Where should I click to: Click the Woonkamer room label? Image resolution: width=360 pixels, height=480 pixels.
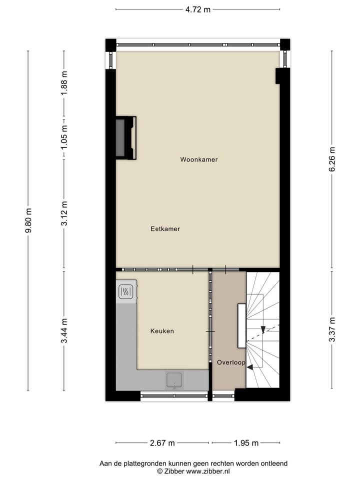click(199, 160)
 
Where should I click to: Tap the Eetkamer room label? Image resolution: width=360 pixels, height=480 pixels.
click(165, 229)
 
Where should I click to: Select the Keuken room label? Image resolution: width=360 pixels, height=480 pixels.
click(162, 331)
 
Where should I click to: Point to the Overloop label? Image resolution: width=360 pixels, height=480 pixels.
click(231, 362)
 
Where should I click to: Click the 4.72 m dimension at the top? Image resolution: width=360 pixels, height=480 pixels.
click(197, 9)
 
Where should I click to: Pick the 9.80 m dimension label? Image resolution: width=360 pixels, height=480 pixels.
click(28, 220)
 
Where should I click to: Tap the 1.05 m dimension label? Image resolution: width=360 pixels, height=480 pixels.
click(64, 137)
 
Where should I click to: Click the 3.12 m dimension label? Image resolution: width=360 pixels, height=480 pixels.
click(64, 213)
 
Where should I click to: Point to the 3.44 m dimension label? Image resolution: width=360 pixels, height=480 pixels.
click(64, 330)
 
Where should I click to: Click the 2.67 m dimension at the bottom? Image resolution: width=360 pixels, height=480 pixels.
click(162, 443)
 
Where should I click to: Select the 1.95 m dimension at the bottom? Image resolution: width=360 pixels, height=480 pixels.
click(245, 443)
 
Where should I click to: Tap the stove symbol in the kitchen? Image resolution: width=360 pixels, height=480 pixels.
click(126, 291)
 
